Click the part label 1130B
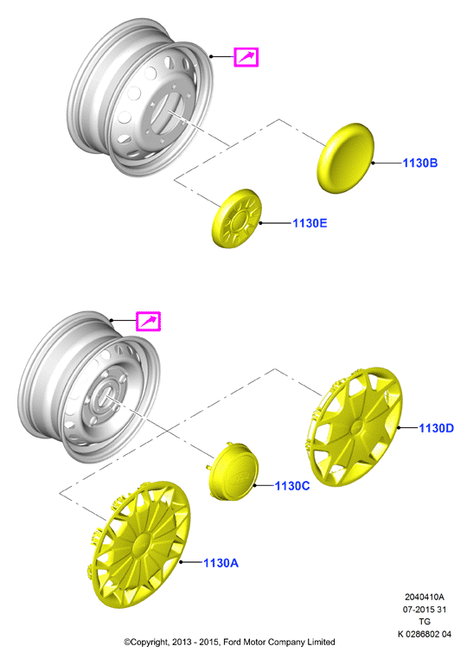coord(420,163)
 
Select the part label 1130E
coord(310,223)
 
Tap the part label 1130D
coord(437,428)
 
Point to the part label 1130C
coord(292,486)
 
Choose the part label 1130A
coord(221,563)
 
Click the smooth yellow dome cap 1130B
coord(345,158)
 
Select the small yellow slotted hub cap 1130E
coord(236,219)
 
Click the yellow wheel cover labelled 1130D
coord(353,426)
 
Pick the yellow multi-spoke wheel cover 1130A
coord(139,545)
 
